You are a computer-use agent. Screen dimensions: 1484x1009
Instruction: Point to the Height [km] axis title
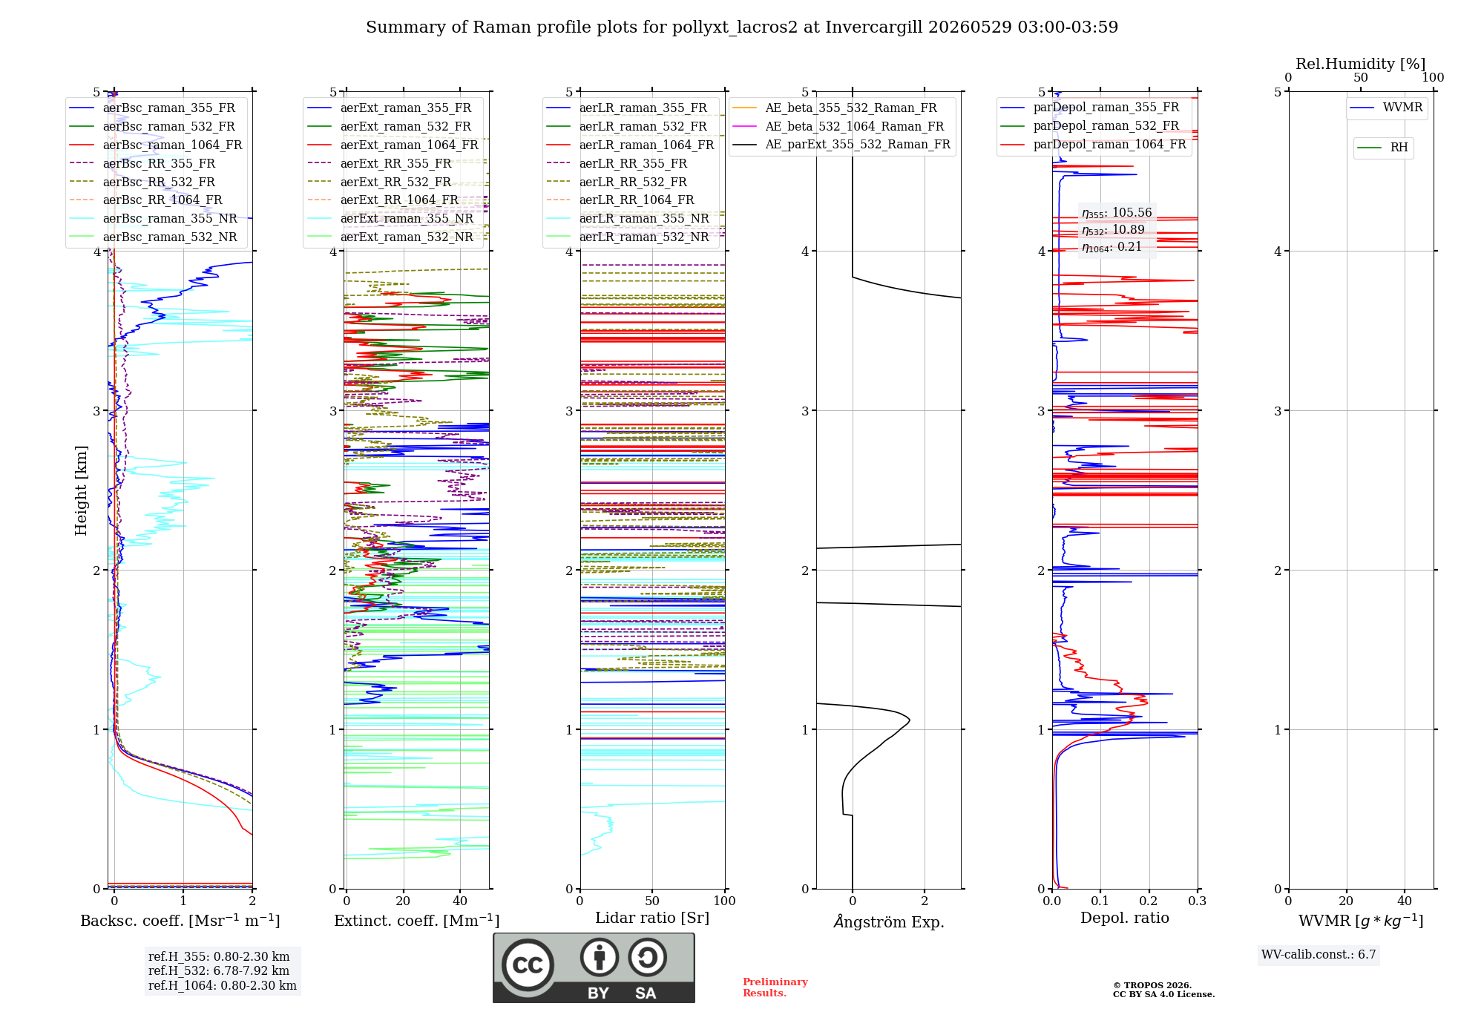81,490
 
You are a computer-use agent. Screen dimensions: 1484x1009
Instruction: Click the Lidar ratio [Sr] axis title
652,918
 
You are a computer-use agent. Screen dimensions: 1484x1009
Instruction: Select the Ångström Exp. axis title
889,921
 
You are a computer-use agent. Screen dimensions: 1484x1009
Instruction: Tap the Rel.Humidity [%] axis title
1361,64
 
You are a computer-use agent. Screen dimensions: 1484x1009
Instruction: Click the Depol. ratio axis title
1125,918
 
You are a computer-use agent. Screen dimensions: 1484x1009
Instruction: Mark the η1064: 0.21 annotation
1112,247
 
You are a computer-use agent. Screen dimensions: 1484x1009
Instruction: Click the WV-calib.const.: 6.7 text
1319,955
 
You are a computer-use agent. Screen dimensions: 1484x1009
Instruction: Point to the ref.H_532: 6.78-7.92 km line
219,970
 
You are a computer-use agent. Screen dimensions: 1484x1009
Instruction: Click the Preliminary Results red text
775,987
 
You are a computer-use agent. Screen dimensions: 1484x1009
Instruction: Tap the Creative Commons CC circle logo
528,964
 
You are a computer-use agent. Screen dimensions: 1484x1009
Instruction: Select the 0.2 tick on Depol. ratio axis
1149,901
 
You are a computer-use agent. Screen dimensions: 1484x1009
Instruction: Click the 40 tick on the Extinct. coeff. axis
460,901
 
